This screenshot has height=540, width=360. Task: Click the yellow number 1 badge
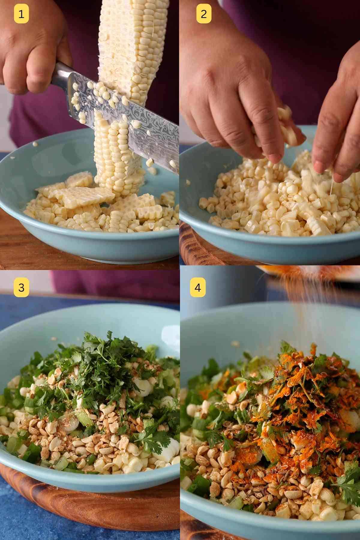coord(21,14)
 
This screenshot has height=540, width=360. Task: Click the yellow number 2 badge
coord(204,14)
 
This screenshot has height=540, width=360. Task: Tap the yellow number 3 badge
coord(21,288)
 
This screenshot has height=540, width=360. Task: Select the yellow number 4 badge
coord(197,288)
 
